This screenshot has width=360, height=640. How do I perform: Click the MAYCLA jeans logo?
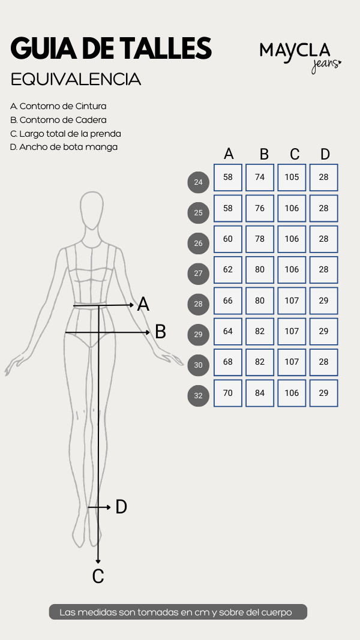coord(301,58)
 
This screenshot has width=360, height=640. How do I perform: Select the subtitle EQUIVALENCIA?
coord(76,80)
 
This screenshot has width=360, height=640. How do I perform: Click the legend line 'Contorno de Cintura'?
coord(58,106)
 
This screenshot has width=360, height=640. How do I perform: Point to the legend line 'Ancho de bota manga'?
coord(64,147)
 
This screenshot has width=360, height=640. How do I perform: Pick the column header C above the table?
coord(295,154)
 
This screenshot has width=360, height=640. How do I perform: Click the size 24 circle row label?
coord(199,182)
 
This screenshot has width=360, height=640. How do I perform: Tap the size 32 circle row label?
coord(199,395)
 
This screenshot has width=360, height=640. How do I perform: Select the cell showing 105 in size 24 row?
coord(292,178)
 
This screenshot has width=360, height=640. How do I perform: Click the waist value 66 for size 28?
coord(228,301)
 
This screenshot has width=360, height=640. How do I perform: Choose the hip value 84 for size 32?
coord(260,393)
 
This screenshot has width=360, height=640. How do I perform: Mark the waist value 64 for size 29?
coord(228,332)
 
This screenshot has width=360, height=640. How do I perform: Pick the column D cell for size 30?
coord(323,362)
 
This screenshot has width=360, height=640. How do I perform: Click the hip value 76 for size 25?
coord(260,208)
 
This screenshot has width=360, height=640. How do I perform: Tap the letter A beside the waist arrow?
coord(143,305)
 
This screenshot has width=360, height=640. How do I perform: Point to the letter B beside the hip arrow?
coord(160,332)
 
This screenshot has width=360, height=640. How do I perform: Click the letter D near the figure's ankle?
coord(121,507)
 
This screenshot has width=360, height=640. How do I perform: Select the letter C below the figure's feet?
coord(98,576)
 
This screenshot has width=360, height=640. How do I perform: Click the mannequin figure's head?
coord(91,210)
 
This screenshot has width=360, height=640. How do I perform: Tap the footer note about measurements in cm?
coord(178,612)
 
